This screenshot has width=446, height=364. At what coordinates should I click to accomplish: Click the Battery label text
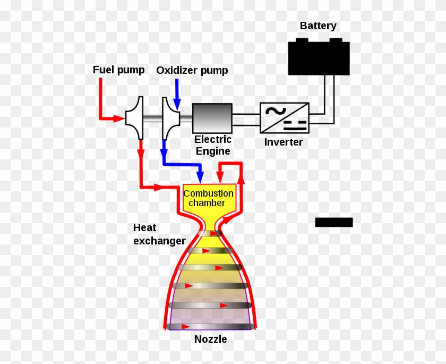coord(318,26)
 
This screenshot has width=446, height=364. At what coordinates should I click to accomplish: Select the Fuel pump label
coord(118,70)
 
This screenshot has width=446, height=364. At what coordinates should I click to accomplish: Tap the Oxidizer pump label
coord(192,70)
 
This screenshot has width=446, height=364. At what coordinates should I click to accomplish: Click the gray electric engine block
coord(212,118)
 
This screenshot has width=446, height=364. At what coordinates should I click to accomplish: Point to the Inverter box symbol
coord(284,117)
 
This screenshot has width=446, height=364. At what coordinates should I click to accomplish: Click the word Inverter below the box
coord(284,142)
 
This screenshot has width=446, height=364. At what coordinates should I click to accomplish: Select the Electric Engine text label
coord(213,145)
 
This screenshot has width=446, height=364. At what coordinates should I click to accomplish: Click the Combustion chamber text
coord(208,198)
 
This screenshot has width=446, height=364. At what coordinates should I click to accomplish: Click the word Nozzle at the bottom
coord(210,339)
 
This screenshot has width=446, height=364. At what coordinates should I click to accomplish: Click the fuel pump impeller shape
coord(135,111)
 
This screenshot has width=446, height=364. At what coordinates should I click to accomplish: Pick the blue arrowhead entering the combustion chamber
coord(200,177)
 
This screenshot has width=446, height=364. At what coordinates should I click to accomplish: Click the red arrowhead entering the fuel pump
coord(121,118)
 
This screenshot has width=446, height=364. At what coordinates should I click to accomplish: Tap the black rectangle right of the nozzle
coord(333,222)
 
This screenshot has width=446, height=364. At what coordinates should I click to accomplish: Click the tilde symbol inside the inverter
coord(276,111)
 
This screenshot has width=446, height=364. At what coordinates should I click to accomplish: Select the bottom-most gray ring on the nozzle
coord(209,326)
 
